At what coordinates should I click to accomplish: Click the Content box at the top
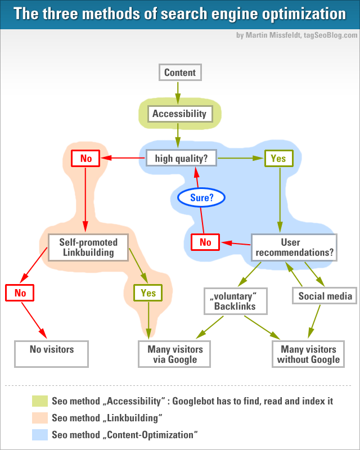(x=180, y=73)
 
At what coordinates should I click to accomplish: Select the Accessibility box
(x=179, y=114)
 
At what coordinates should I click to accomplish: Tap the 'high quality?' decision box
(x=181, y=159)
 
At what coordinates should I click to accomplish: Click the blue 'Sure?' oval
(x=201, y=197)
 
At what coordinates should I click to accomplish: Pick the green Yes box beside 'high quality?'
(x=278, y=159)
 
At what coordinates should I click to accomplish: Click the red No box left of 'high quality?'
(x=85, y=159)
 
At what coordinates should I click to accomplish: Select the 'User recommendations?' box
(x=294, y=247)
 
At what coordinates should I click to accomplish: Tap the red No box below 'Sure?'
(x=205, y=242)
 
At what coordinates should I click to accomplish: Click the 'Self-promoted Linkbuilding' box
(x=88, y=247)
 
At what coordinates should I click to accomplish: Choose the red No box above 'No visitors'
(x=20, y=293)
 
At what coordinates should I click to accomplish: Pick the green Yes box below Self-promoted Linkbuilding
(x=148, y=293)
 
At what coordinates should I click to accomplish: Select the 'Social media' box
(x=325, y=296)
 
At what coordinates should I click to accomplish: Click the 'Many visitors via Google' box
(x=175, y=354)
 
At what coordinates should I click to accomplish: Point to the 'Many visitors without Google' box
(x=308, y=354)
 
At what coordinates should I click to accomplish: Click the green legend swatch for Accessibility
(x=40, y=401)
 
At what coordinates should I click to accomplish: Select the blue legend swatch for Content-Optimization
(x=40, y=434)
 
